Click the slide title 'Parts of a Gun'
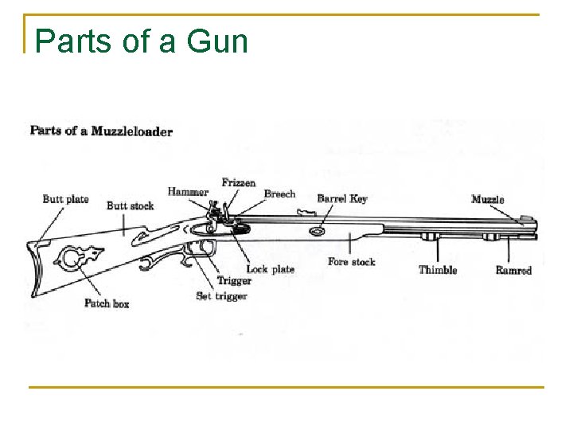[142, 41]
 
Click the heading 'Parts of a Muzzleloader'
[101, 131]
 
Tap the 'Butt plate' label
[65, 198]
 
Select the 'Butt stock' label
[130, 205]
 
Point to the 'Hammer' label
[188, 191]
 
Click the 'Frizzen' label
[239, 182]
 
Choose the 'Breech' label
[279, 193]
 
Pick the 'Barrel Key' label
[342, 198]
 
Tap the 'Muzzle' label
[487, 198]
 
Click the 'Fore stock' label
[351, 262]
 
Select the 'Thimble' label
[438, 270]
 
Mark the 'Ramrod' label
[513, 270]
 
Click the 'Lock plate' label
[270, 269]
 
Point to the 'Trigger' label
[234, 281]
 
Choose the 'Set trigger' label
[221, 296]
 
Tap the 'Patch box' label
[107, 303]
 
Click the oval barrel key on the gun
[318, 231]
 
